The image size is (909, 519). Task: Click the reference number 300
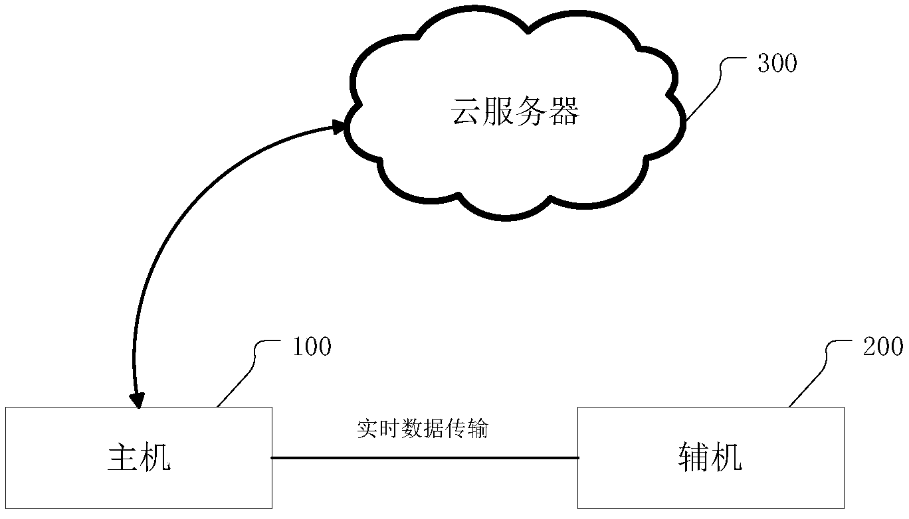tap(776, 64)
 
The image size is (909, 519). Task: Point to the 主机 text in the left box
tap(139, 458)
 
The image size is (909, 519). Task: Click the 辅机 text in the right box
tap(710, 458)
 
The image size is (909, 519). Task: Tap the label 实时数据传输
tap(423, 429)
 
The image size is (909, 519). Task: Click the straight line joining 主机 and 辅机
tap(425, 458)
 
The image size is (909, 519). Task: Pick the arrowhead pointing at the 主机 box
tap(138, 400)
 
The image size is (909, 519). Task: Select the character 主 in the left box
tap(123, 458)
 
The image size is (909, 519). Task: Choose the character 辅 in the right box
tap(694, 458)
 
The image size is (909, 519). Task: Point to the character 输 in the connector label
tap(478, 429)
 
